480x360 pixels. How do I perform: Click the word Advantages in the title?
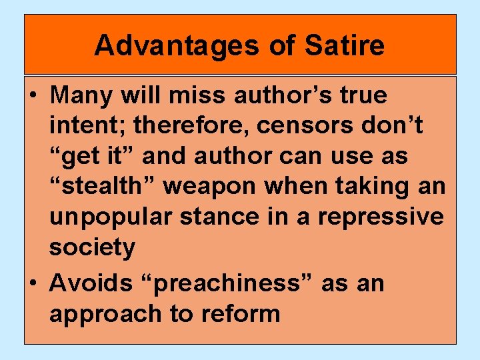(168, 45)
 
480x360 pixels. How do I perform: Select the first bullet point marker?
(33, 96)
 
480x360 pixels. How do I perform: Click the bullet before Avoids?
(33, 284)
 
